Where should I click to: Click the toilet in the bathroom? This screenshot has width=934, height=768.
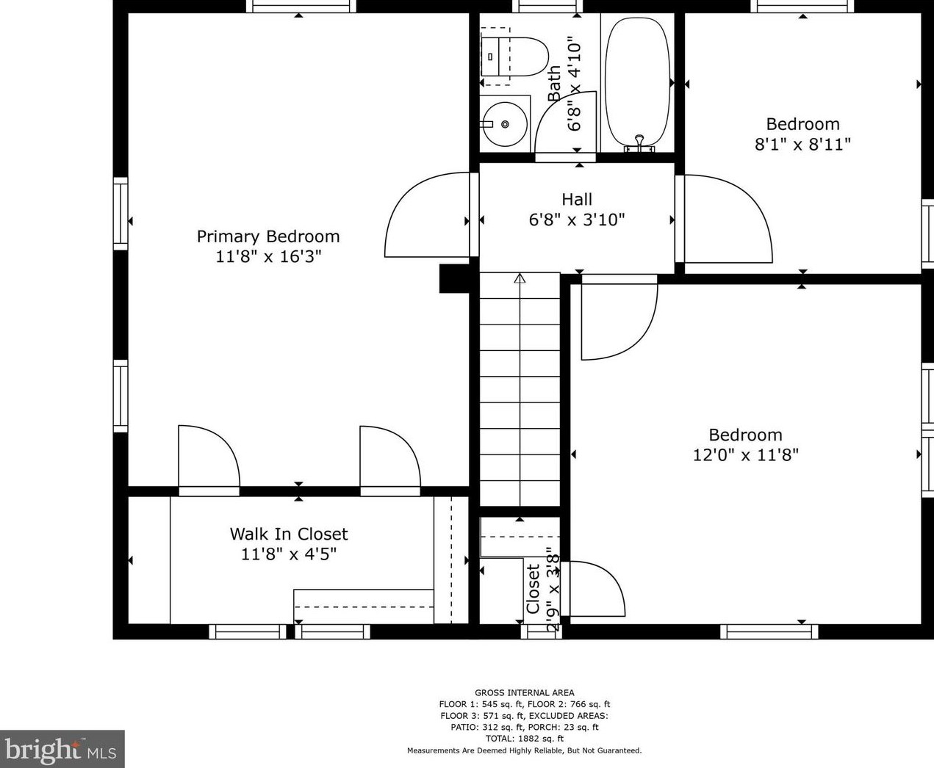(x=518, y=56)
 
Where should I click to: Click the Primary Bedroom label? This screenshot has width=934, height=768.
(x=268, y=236)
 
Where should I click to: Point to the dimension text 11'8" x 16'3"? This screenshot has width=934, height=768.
(x=268, y=257)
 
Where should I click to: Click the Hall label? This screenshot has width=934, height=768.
(x=577, y=199)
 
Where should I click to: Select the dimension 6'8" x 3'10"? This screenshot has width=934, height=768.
(x=577, y=220)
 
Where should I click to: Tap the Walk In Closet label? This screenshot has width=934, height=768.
(x=289, y=534)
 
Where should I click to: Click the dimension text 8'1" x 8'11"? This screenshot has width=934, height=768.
(x=802, y=145)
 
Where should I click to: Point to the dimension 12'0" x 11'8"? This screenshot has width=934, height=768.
(x=745, y=455)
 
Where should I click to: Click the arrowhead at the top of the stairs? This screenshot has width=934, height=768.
(x=520, y=278)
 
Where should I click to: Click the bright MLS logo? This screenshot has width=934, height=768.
(x=62, y=749)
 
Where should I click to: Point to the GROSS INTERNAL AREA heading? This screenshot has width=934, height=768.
(x=524, y=692)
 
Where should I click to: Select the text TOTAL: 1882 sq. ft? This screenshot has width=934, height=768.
(x=524, y=739)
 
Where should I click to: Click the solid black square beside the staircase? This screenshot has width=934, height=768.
(x=453, y=279)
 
